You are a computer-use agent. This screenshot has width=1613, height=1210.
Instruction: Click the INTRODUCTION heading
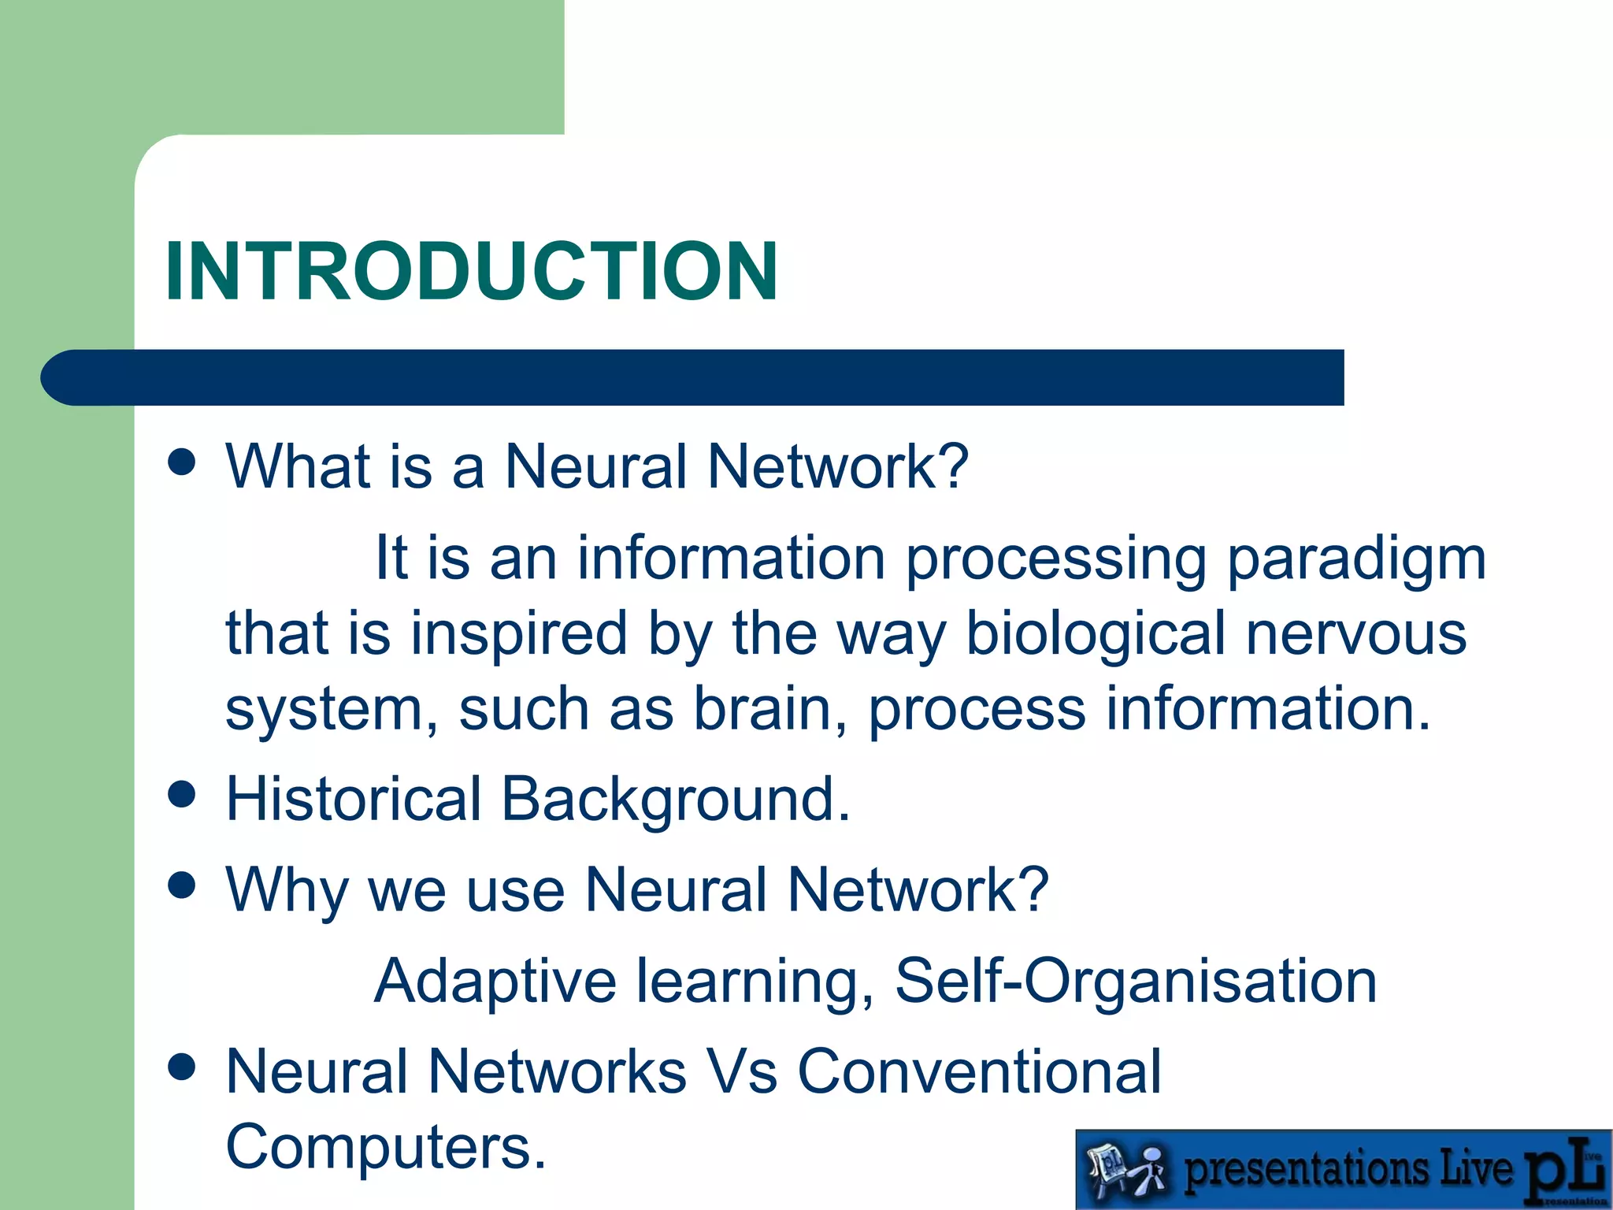coord(471,271)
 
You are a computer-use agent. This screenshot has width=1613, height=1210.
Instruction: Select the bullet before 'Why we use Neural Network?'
coord(182,885)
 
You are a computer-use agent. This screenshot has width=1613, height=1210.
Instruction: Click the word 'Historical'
coord(353,800)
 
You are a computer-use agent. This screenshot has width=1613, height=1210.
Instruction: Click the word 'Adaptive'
coord(495,982)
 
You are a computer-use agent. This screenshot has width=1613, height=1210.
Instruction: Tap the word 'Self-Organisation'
coord(1135,982)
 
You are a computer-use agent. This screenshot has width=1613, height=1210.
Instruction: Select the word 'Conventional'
coord(979,1072)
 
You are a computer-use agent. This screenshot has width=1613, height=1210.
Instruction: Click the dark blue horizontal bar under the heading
coord(693,378)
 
